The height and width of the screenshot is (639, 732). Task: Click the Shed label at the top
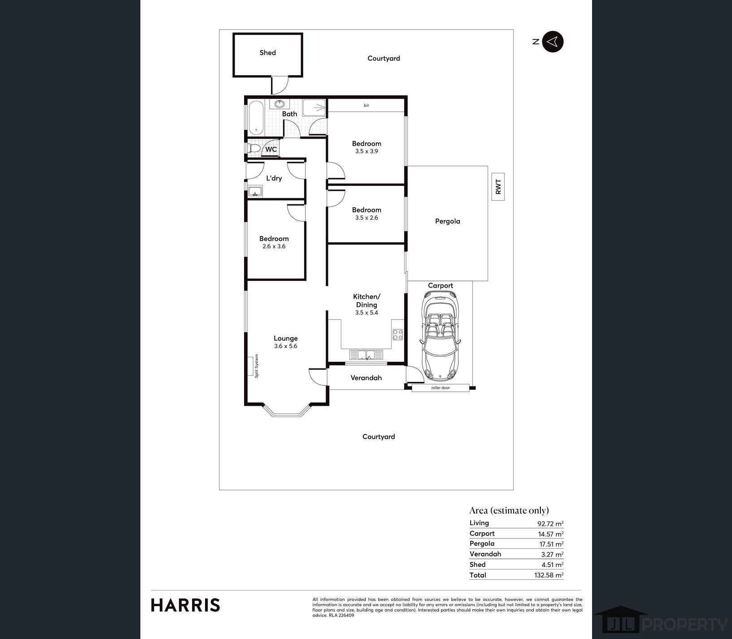[x=267, y=53]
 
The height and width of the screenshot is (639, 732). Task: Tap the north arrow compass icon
[x=553, y=42]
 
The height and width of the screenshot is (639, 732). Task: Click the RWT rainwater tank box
[x=498, y=187]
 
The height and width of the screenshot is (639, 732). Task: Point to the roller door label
[x=440, y=388]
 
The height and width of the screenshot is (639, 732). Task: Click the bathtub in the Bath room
[x=256, y=118]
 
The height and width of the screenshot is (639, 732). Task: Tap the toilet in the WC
[x=253, y=149]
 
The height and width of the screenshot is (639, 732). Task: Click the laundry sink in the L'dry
[x=256, y=192]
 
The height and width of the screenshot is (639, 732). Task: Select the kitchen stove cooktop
[x=397, y=335]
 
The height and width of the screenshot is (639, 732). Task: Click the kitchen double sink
[x=366, y=355]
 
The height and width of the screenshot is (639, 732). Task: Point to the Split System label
[x=257, y=366]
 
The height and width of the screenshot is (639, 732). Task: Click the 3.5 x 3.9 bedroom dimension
[x=366, y=152]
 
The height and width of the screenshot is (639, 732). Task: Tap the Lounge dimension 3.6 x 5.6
[x=286, y=346]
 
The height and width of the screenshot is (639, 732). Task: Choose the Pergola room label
[x=447, y=221]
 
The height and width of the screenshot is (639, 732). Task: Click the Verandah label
[x=366, y=378]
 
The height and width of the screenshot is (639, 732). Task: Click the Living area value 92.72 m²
[x=550, y=523]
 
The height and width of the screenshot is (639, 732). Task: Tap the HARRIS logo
[x=185, y=605]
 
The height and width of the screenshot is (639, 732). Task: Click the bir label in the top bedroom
[x=366, y=105]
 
